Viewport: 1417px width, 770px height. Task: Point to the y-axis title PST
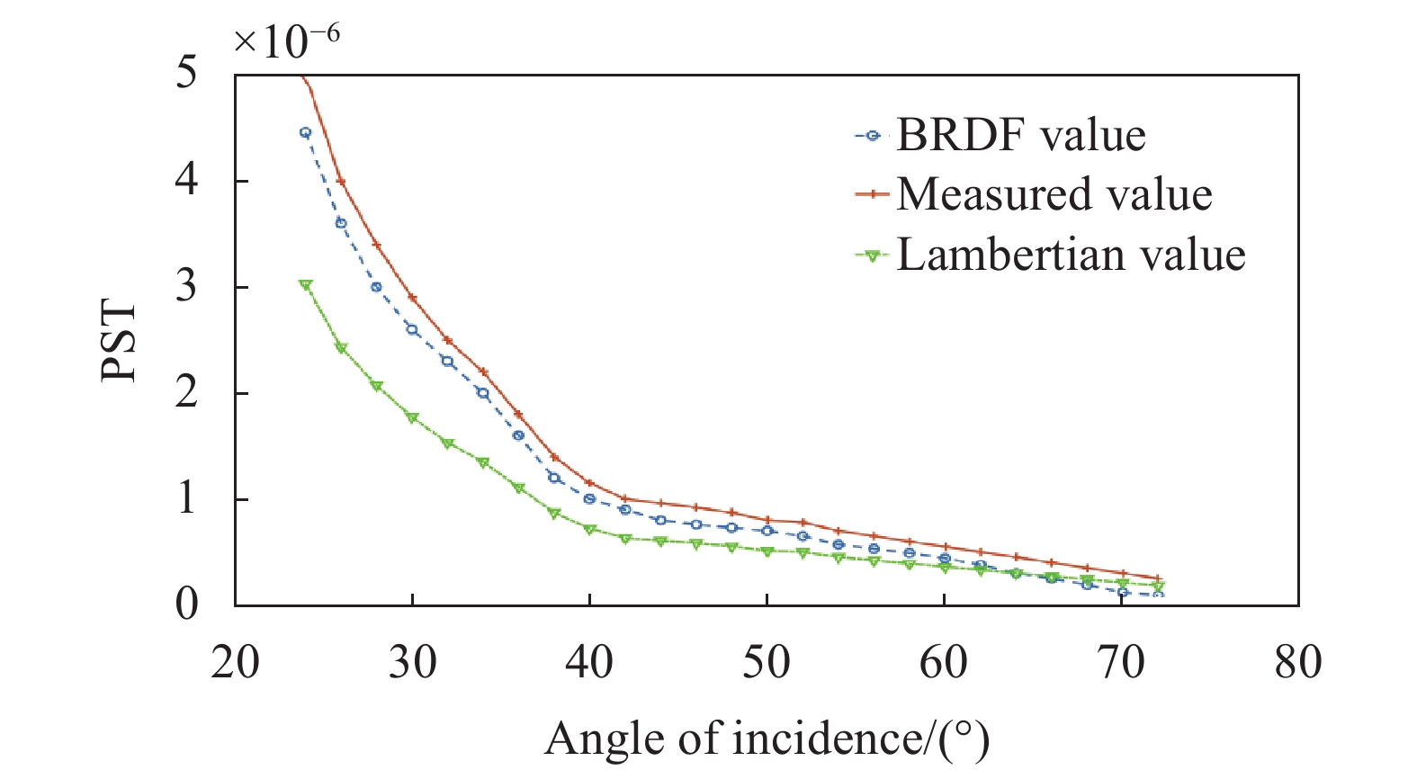(119, 341)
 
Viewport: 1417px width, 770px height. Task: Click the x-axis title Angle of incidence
(767, 739)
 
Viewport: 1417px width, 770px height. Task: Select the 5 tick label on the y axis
(186, 73)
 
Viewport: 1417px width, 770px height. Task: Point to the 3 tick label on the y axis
(186, 287)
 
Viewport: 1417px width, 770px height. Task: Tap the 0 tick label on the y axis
(186, 604)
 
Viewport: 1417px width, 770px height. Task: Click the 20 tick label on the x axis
(235, 663)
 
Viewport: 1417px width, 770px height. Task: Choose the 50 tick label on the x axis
(767, 663)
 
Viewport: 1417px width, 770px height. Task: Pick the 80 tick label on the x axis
(1298, 663)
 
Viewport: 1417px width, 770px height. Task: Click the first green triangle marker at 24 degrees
(306, 285)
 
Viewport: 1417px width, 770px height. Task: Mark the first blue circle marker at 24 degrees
(305, 132)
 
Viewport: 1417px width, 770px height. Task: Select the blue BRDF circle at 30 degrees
(412, 329)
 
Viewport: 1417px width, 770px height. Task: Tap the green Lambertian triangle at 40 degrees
(589, 530)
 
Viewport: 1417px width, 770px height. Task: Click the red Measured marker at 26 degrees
(341, 181)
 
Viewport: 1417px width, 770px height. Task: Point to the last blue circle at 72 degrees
(1158, 595)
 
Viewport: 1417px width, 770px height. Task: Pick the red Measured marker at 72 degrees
(1158, 578)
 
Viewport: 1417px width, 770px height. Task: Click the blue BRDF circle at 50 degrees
(767, 531)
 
